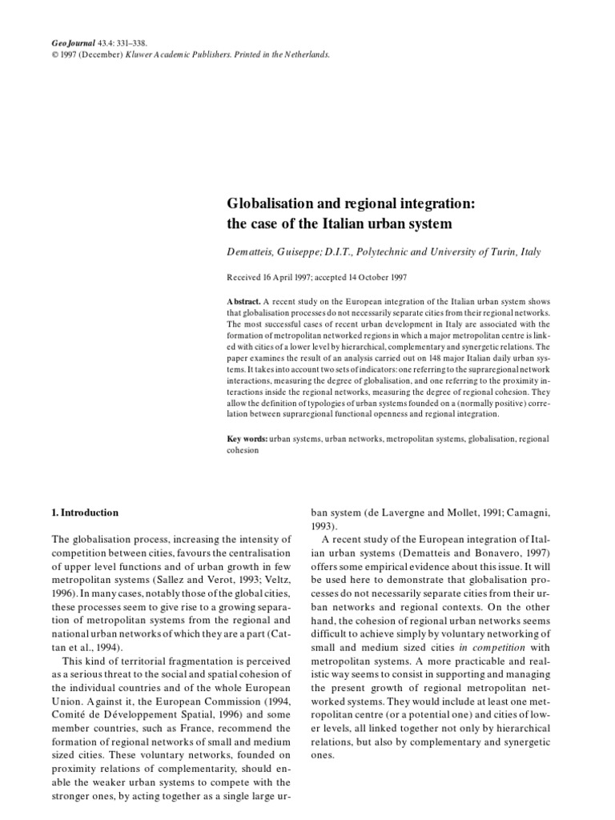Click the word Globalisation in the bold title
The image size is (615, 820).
(267, 204)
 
